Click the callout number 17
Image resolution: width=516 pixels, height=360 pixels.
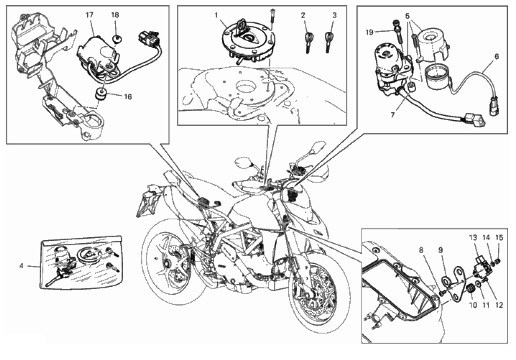point(89,15)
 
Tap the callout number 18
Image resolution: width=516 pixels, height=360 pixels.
point(115,15)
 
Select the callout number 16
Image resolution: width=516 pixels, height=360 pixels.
point(128,97)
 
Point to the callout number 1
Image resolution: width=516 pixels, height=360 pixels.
point(216,15)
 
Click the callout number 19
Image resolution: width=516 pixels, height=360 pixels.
point(370,32)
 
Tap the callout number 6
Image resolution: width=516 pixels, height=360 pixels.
point(496,57)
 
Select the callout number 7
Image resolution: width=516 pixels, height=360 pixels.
point(393,115)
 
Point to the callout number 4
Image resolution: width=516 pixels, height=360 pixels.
point(21,266)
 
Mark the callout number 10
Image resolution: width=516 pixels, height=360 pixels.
point(473,305)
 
